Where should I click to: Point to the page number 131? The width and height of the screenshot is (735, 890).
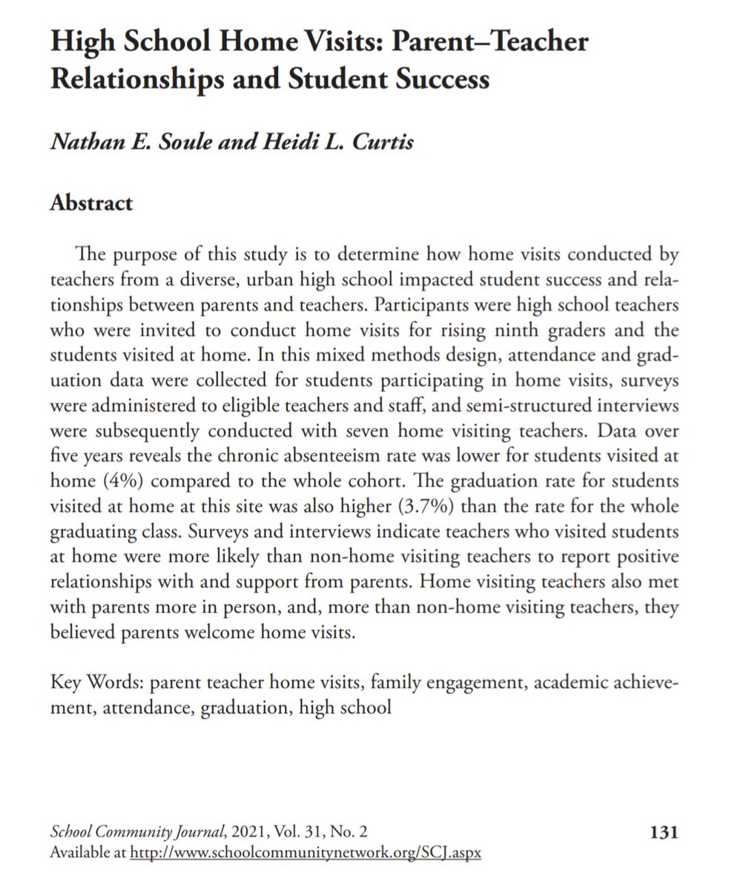click(663, 833)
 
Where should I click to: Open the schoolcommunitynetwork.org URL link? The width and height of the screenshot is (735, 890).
click(306, 853)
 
